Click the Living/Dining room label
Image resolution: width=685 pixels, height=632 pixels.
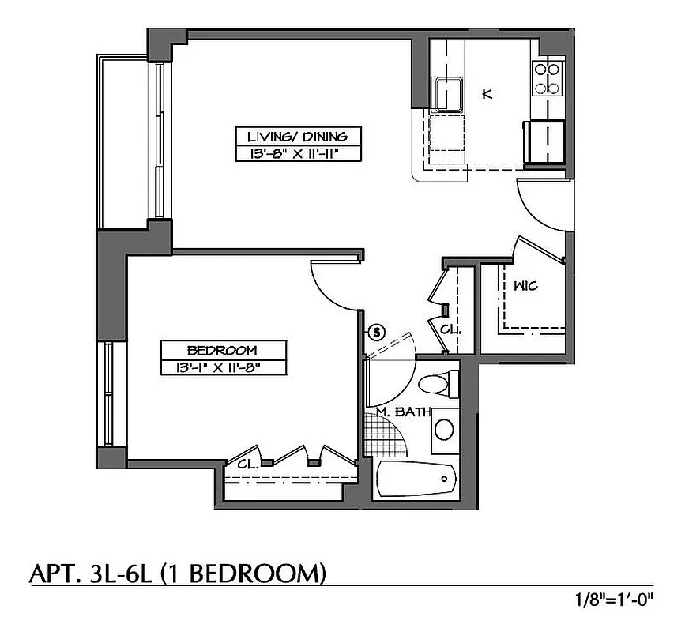pos(299,136)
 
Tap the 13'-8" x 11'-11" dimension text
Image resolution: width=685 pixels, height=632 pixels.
pos(299,153)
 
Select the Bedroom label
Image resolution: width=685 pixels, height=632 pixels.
pos(222,350)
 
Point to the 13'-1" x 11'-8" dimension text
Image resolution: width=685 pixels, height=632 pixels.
pos(222,367)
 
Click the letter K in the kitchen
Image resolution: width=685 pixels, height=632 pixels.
pos(487,95)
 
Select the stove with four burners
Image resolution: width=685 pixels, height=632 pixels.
pos(548,78)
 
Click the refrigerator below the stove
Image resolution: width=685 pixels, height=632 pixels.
pos(545,142)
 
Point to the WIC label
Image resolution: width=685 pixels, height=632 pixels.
pos(525,286)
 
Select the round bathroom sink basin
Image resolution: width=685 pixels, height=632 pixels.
pos(445,430)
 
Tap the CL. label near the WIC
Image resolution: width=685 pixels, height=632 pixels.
pos(450,328)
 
